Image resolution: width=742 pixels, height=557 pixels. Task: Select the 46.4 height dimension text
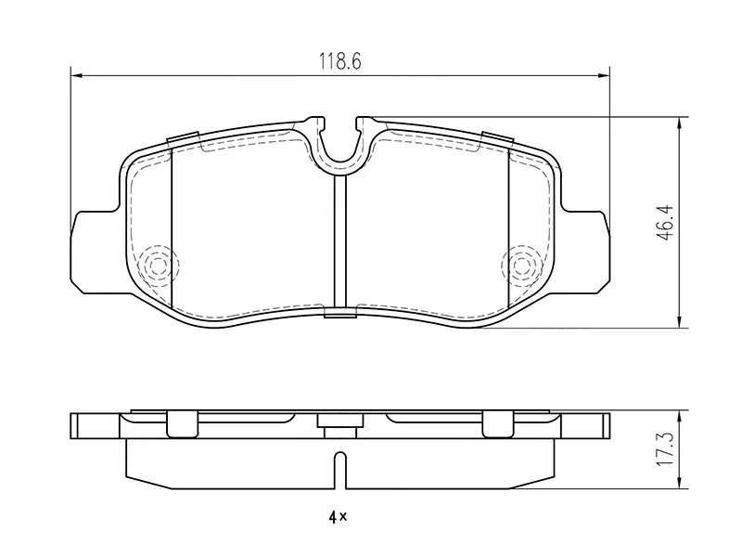(x=664, y=223)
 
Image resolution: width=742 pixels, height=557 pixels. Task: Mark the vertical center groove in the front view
(x=340, y=241)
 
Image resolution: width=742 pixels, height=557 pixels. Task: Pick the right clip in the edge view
(x=497, y=422)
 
